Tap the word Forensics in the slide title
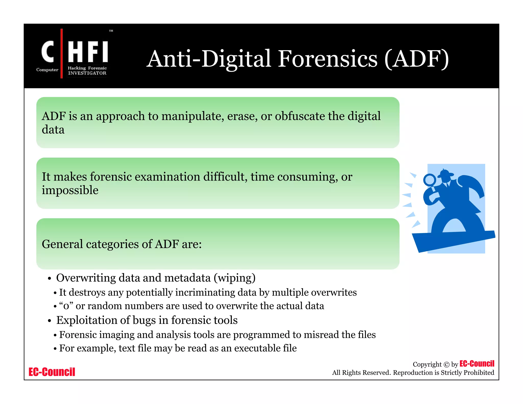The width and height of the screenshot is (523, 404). pos(327,59)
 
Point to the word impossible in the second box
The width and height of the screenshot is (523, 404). pos(70,191)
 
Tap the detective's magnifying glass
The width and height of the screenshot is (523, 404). pos(430,180)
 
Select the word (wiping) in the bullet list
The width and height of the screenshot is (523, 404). pos(234,278)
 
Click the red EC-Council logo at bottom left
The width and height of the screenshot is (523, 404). pos(52,372)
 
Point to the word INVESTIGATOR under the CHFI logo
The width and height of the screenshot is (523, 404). pos(87,73)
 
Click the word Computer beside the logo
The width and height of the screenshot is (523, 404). pos(47,70)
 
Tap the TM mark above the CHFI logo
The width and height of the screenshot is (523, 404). pos(111,31)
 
